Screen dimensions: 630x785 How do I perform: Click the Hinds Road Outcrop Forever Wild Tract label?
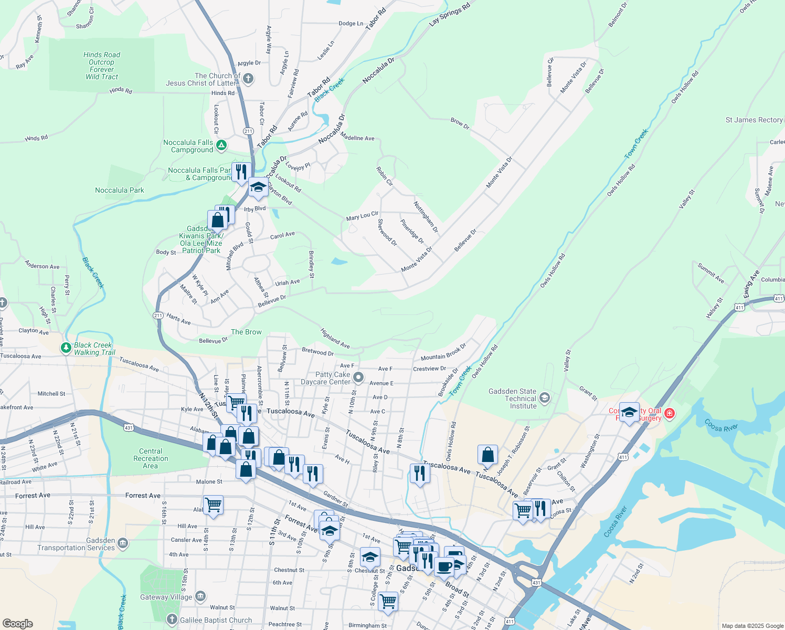(102, 66)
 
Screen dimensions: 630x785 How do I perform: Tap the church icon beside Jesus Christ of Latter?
(248, 79)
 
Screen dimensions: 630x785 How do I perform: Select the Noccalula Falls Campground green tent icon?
(221, 145)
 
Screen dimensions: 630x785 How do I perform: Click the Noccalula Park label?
(119, 190)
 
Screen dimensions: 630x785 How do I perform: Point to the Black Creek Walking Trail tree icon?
(66, 348)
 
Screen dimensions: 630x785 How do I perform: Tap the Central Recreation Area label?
(151, 458)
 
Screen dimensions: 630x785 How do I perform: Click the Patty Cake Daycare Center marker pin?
(358, 377)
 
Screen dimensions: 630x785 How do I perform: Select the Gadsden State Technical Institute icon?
(545, 397)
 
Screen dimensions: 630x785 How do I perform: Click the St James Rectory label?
(754, 120)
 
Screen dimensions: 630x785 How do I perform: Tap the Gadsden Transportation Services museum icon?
(123, 543)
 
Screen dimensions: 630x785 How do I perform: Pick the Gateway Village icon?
(200, 596)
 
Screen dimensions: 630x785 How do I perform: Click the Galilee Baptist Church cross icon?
(172, 620)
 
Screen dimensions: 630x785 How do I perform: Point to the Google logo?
(17, 623)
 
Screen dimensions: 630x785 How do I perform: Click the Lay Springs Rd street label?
(449, 14)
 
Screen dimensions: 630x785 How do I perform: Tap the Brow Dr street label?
(460, 124)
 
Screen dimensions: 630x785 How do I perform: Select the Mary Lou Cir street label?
(362, 216)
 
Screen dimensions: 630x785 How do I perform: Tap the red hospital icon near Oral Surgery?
(669, 414)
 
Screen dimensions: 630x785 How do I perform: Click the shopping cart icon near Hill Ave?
(213, 505)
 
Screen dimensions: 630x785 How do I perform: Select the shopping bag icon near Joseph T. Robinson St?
(487, 455)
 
